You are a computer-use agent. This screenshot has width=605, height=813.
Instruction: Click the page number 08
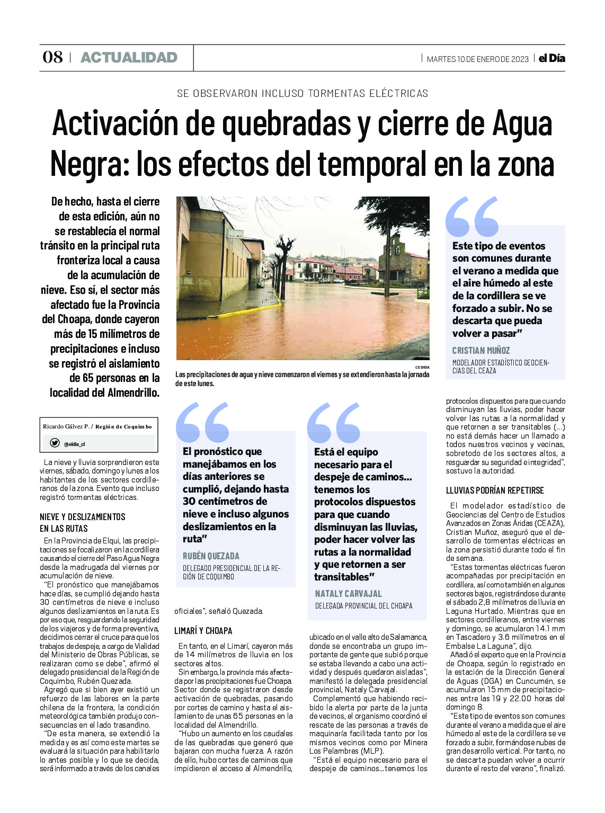coord(52,57)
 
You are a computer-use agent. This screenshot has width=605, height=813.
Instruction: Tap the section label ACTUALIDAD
coord(129,58)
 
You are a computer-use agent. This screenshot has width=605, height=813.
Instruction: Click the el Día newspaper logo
coord(551,58)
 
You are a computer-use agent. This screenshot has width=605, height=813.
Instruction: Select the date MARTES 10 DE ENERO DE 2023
coord(477,59)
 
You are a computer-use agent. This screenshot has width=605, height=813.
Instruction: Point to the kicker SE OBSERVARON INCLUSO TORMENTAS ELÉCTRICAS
coord(302,94)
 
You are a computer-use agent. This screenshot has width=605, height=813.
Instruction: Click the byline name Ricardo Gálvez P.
coord(66,426)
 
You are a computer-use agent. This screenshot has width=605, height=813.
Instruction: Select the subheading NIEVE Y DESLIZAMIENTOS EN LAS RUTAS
coord(83,522)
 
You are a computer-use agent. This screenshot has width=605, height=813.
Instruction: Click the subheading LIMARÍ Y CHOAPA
coord(203,631)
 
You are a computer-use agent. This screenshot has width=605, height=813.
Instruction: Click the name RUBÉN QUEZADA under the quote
coord(211,556)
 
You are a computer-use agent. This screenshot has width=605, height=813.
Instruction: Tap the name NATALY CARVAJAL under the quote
coord(348,594)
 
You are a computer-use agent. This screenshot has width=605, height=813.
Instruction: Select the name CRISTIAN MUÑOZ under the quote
coord(481,351)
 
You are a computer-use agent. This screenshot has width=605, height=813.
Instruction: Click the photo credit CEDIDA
coord(422,367)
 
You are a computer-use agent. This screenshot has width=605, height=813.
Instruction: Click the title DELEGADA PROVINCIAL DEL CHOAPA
coord(363,606)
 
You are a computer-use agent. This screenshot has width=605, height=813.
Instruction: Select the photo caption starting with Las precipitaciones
coord(302,379)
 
